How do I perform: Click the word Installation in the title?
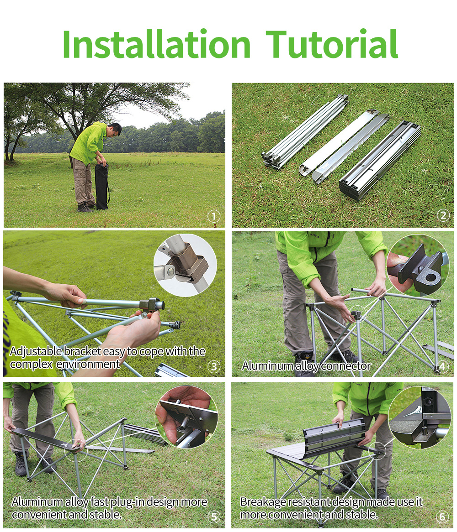tap(157, 44)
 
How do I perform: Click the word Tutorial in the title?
tap(331, 44)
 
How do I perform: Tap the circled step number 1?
tap(214, 216)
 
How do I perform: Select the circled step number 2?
tap(443, 215)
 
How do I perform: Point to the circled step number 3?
tap(214, 366)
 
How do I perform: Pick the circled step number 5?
tap(214, 516)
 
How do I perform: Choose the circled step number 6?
tap(442, 516)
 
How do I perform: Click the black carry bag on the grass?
tap(101, 186)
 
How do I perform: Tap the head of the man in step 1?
tap(115, 129)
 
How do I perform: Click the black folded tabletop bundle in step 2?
tap(380, 161)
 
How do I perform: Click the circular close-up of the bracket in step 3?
tap(185, 265)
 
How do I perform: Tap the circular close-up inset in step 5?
tap(186, 417)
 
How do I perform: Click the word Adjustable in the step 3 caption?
tap(37, 351)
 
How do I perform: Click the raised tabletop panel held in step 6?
tap(334, 438)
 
